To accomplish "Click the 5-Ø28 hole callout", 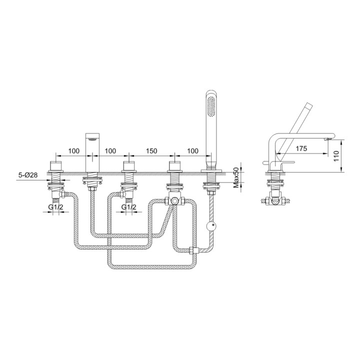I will coord(28,174).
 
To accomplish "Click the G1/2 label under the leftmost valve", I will coord(55,206).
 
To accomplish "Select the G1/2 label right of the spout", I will coord(128,206).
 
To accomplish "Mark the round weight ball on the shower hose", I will coord(213,225).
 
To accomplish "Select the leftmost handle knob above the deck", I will coord(55,166).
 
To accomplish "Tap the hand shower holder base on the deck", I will coord(210,171).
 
